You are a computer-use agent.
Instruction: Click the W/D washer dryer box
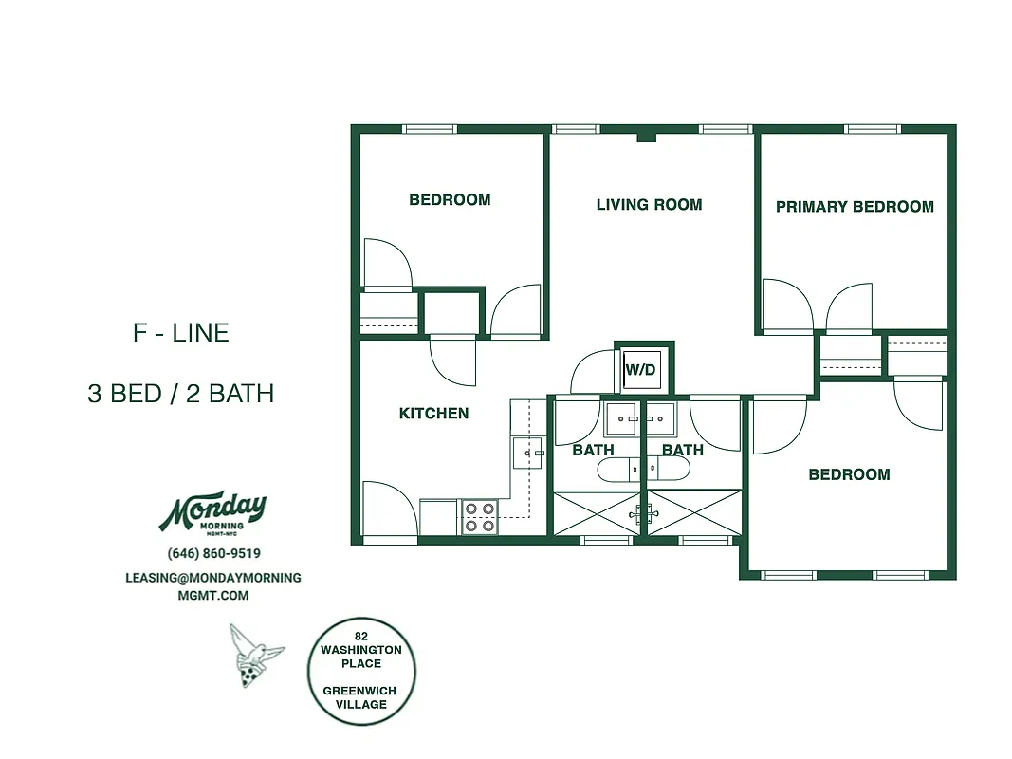coord(640,369)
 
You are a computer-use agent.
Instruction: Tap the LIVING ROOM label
coord(649,204)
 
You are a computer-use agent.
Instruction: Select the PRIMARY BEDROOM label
coord(855,206)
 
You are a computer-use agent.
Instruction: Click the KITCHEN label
coord(433,413)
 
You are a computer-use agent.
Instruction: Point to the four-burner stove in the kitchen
coord(479,517)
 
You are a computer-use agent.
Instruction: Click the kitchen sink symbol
coord(526,454)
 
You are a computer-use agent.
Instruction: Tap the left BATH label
coord(593,450)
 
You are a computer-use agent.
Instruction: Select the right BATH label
coord(683,450)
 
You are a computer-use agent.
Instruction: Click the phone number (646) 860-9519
coord(213,553)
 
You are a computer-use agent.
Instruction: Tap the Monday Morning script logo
coord(212,512)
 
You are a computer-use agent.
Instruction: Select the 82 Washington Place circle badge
coord(361,670)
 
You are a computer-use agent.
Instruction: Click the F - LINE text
coord(180,333)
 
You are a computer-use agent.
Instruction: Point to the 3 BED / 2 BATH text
coord(180,393)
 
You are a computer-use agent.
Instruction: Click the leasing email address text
coord(213,585)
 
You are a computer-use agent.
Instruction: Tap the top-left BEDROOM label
coord(450,199)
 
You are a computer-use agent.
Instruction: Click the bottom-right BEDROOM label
coord(849,474)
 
